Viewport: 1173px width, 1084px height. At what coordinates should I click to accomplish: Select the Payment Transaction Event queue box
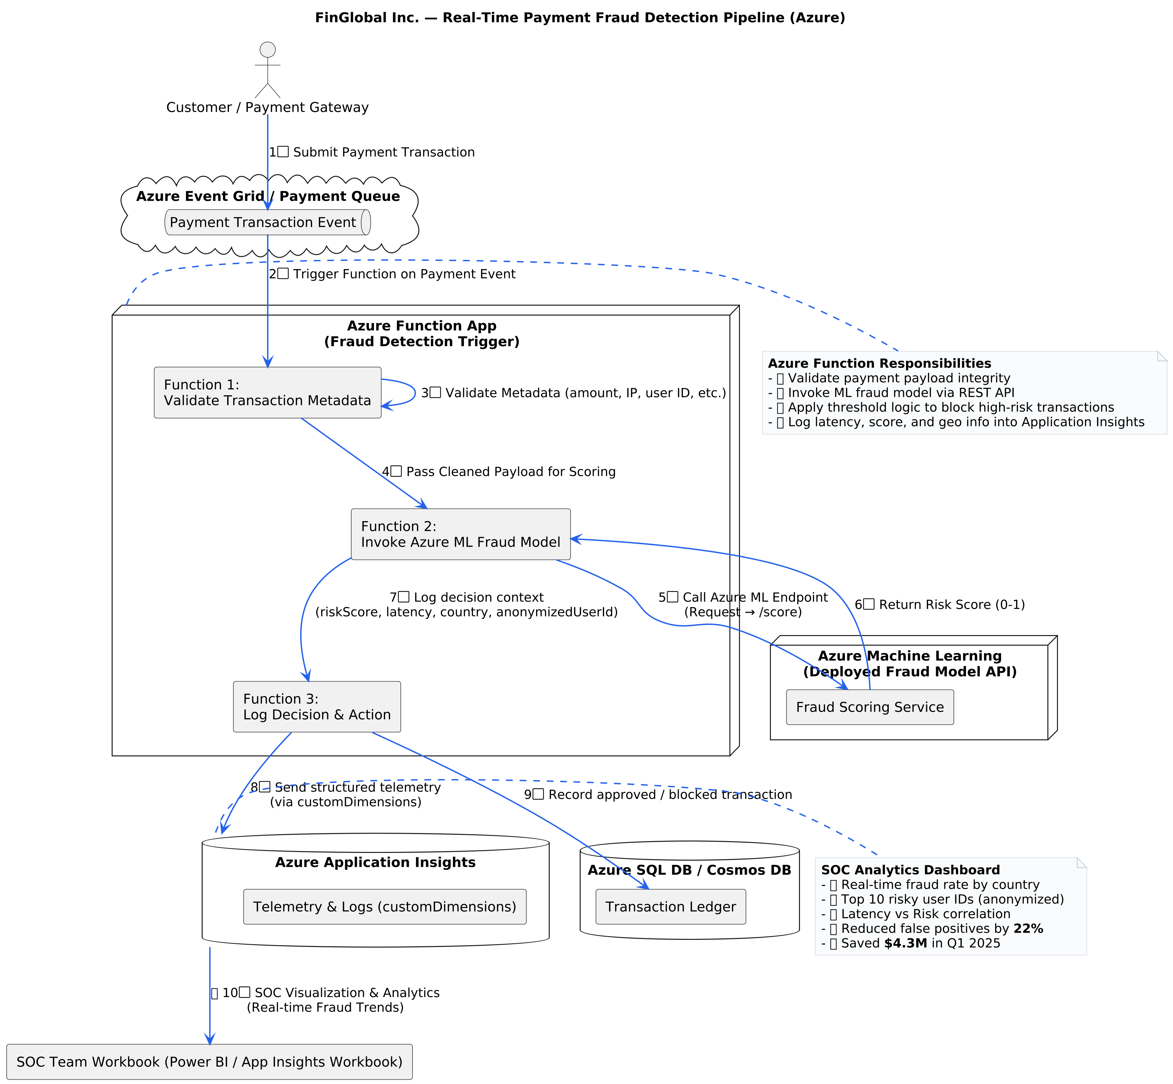268,222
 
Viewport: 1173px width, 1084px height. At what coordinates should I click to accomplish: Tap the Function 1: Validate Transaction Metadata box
268,392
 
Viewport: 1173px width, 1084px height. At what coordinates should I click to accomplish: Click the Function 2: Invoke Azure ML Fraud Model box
460,534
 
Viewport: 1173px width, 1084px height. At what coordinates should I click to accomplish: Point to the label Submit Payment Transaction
384,153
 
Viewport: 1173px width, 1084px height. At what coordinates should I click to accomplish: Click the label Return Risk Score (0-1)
951,605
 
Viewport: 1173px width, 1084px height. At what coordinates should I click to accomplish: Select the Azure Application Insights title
375,862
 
